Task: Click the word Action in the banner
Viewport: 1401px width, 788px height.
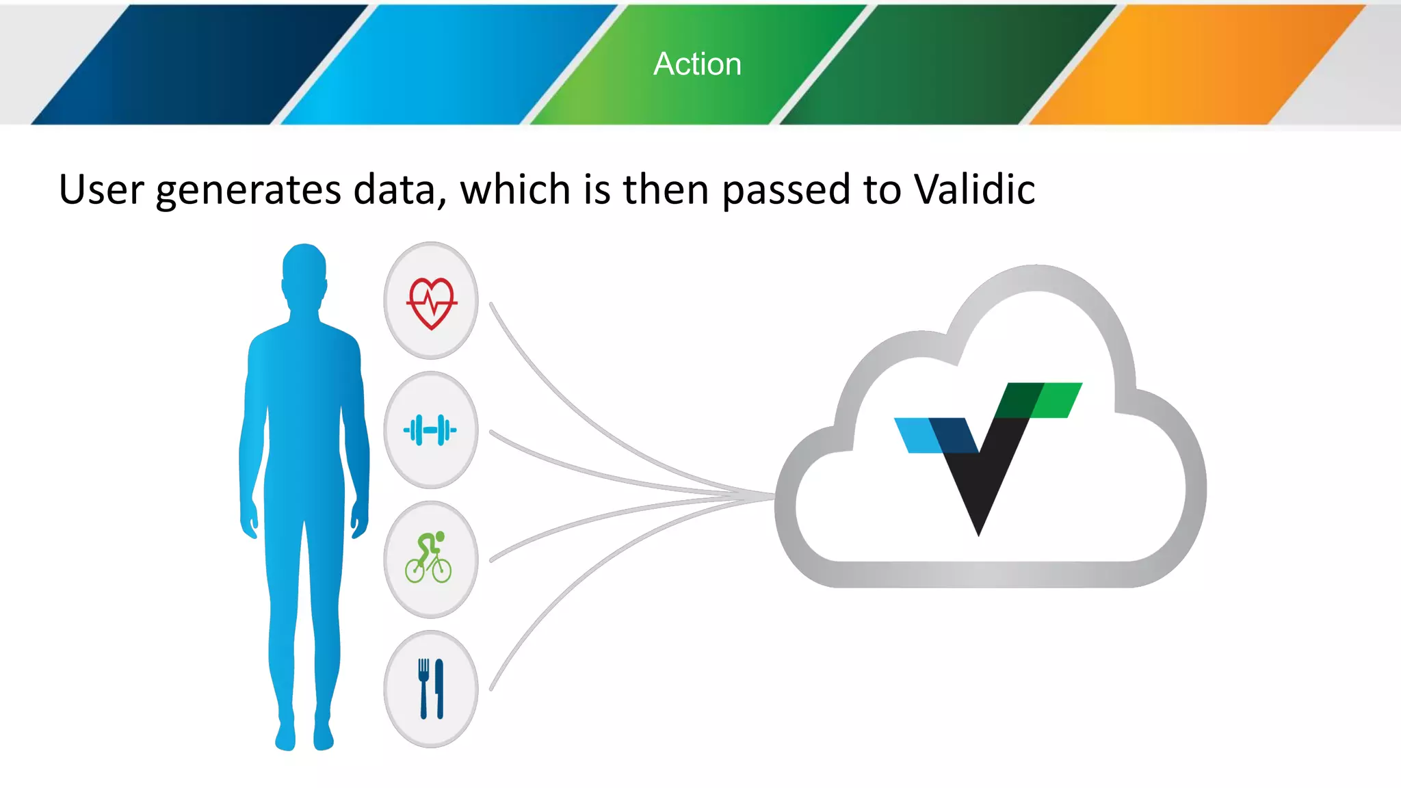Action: [x=697, y=64]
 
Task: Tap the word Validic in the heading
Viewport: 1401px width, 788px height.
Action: [x=974, y=189]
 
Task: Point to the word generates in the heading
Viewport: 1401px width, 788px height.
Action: [x=248, y=190]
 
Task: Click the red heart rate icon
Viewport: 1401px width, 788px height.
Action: [x=431, y=302]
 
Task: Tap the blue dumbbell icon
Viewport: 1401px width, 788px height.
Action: [x=430, y=430]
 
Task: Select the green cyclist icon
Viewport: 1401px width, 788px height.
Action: [x=429, y=558]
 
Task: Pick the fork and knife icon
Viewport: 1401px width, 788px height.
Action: [x=431, y=688]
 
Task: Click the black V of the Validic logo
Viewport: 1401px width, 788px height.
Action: [x=980, y=479]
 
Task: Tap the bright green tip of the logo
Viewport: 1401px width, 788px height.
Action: [x=1058, y=400]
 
